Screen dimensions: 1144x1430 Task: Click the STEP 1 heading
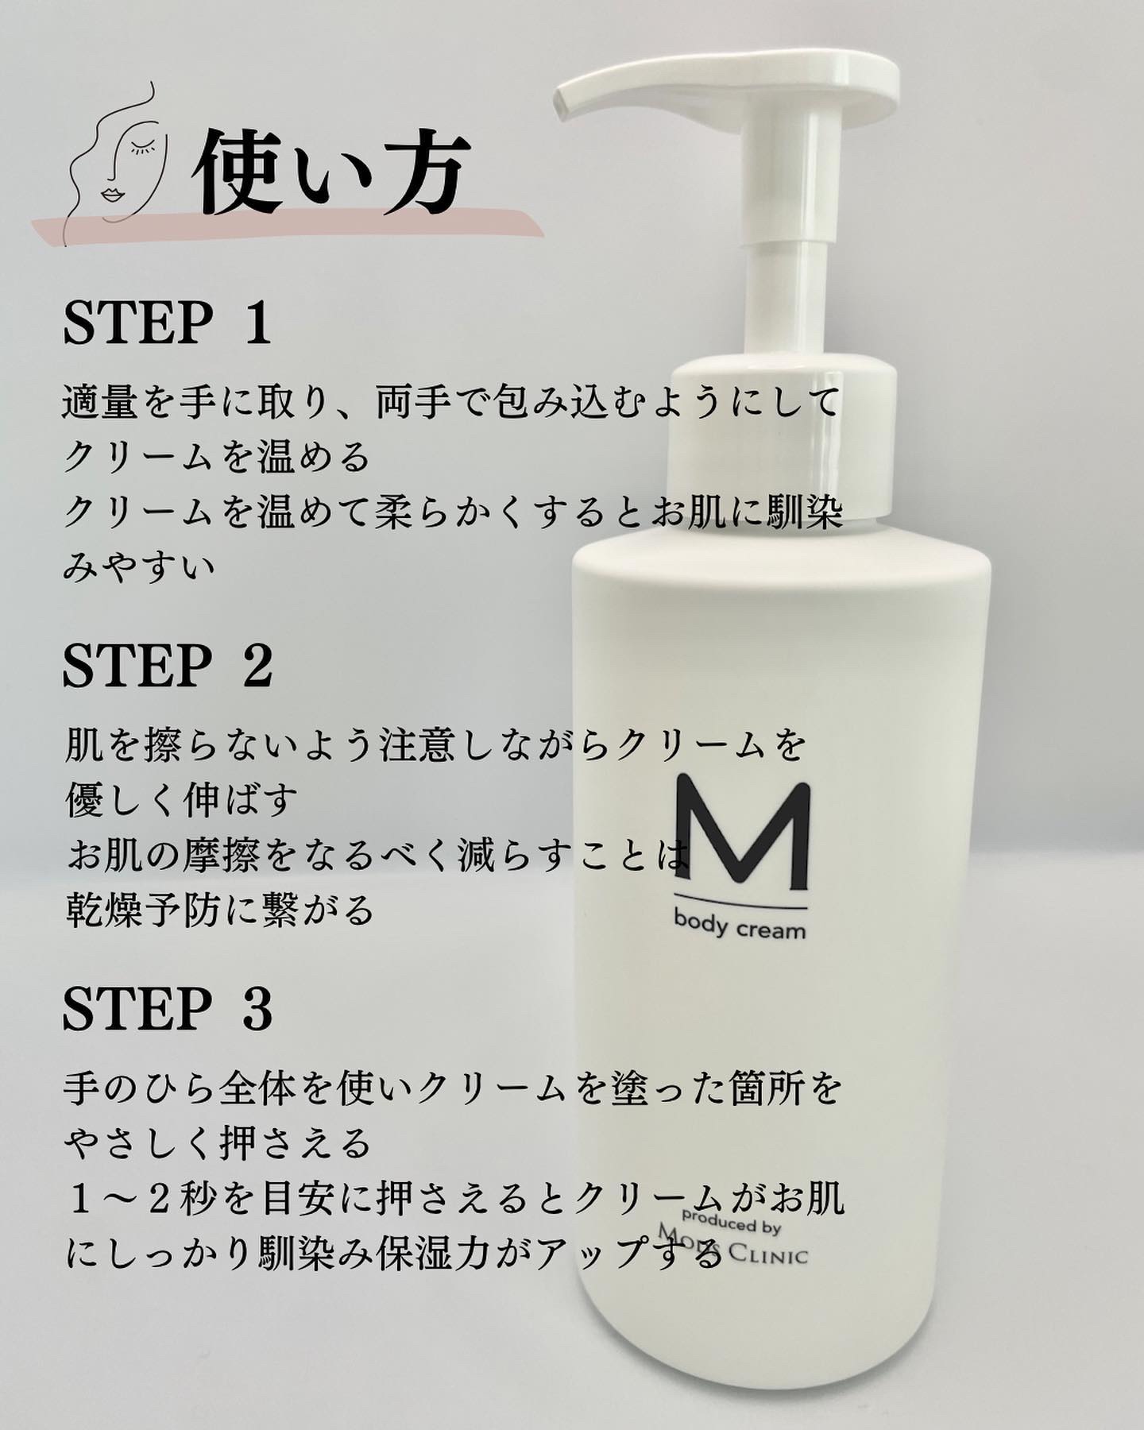pyautogui.click(x=168, y=323)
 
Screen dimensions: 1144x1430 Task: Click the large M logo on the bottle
pyautogui.click(x=742, y=835)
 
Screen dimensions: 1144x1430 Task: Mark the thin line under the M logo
pyautogui.click(x=741, y=906)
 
